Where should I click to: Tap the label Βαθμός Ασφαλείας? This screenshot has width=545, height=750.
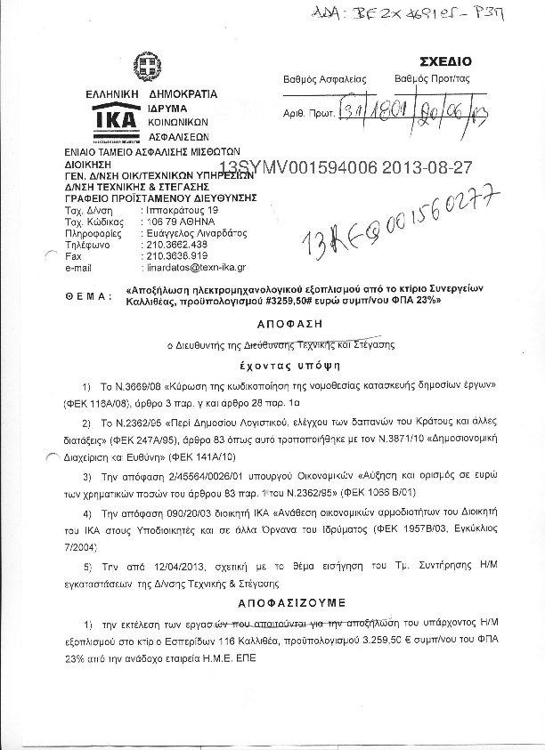324,78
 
